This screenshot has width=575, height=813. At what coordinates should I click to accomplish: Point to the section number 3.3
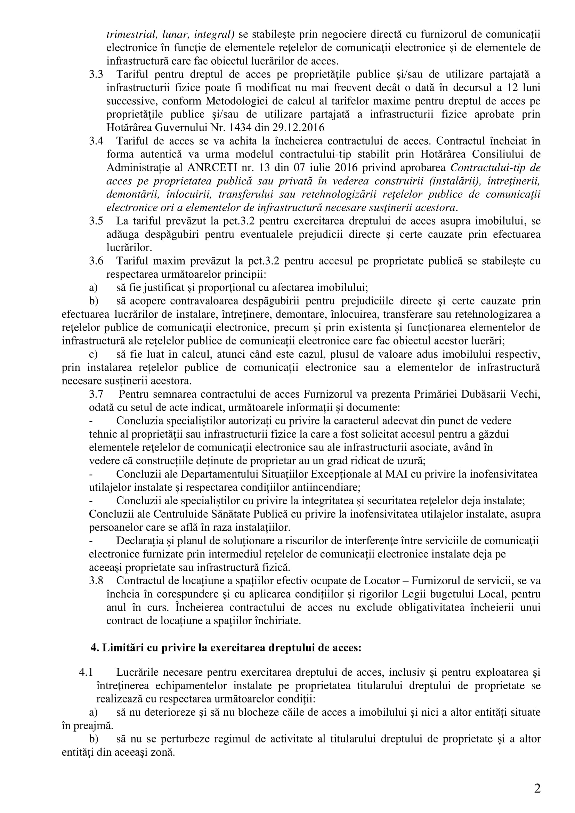tap(96, 74)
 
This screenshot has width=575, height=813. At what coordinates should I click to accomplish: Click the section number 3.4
tap(96, 141)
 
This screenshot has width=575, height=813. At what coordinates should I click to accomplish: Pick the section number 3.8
tap(96, 581)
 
